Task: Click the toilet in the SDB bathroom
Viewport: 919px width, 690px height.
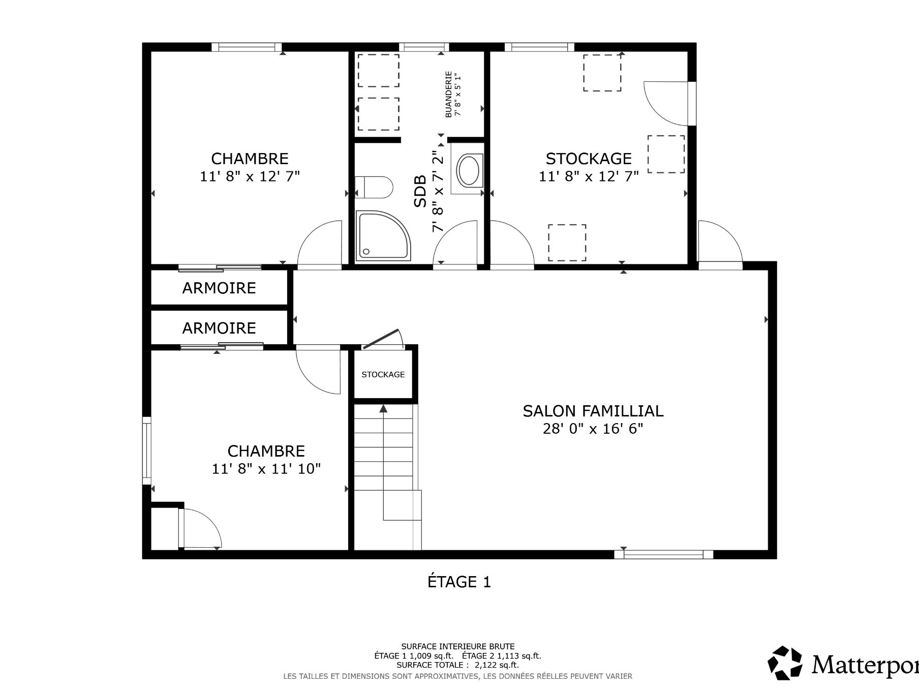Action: (x=374, y=187)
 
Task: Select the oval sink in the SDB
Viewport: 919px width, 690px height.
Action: (x=468, y=170)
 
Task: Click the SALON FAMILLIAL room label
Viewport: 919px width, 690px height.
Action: (x=593, y=411)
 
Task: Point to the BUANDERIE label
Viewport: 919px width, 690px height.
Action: (x=448, y=94)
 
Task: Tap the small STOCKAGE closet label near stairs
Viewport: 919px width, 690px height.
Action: (x=383, y=375)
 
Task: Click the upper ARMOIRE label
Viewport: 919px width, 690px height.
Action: (x=219, y=288)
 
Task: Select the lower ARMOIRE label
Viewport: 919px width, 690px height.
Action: (x=219, y=328)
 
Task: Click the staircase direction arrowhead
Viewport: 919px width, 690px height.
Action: (x=383, y=408)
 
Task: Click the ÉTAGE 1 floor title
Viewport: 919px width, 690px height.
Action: (x=459, y=582)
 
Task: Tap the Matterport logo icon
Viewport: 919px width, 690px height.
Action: (x=785, y=663)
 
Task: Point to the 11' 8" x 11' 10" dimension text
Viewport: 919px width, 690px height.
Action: (x=266, y=469)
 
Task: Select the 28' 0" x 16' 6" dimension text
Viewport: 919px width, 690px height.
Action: (x=593, y=429)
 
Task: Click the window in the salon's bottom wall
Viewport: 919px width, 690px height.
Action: (x=663, y=554)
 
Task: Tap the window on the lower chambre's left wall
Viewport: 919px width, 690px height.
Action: (x=147, y=451)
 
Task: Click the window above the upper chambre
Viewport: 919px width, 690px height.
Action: (x=247, y=47)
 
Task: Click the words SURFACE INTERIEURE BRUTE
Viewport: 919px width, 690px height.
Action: (x=458, y=647)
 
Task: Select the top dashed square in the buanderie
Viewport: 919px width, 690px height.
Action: (x=378, y=71)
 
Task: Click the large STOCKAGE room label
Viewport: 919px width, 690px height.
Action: (x=589, y=159)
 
